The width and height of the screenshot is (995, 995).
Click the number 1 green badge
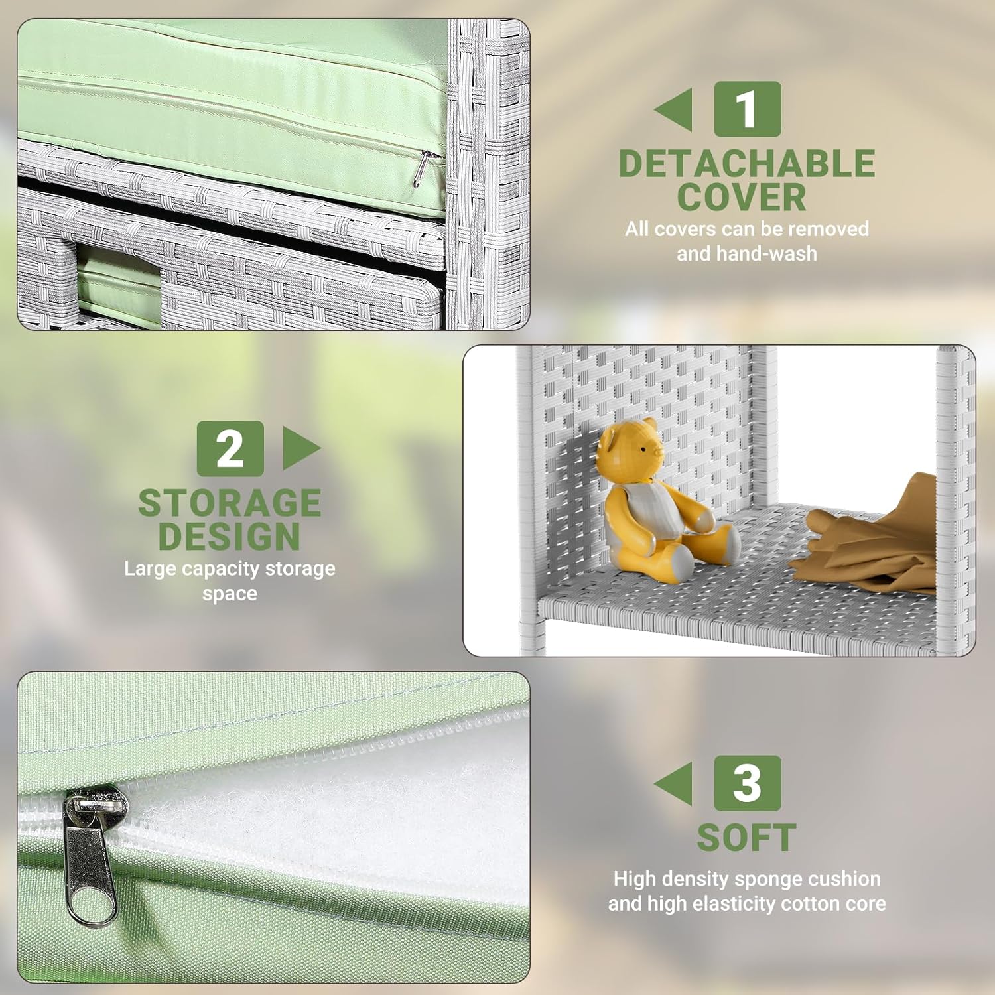tap(747, 109)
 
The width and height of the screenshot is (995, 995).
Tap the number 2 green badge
tap(230, 448)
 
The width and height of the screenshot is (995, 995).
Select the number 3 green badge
tap(747, 783)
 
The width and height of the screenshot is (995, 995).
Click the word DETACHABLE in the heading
tap(747, 163)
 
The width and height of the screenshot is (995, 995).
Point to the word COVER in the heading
tap(742, 197)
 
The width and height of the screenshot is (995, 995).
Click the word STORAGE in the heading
tap(230, 503)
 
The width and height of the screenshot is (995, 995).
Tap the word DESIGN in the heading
tap(230, 536)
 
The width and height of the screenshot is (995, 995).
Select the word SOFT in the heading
tap(747, 837)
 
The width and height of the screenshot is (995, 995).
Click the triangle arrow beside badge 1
tap(675, 109)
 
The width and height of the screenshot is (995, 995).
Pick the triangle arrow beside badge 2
tap(300, 448)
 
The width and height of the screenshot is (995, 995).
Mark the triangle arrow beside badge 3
tap(675, 783)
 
